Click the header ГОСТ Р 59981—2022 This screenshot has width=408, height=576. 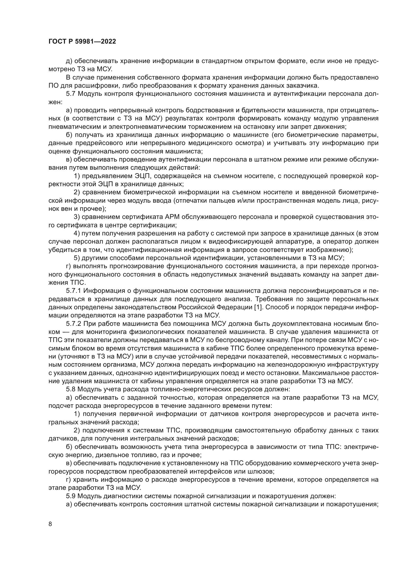pos(82,42)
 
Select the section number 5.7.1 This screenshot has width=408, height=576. pos(74,291)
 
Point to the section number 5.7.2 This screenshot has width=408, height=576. pos(74,324)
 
